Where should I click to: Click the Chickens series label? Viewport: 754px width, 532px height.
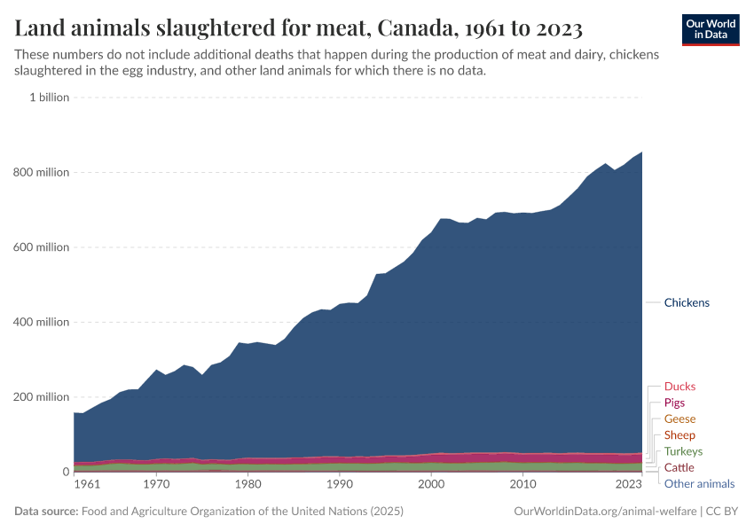[687, 302]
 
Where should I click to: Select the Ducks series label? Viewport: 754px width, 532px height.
[679, 387]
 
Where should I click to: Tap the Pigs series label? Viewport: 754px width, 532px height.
[674, 403]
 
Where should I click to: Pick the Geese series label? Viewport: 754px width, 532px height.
[679, 419]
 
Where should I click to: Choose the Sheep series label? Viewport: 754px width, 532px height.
[679, 435]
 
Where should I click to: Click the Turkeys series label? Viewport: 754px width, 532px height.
[683, 451]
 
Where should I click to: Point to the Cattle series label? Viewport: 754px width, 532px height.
[679, 467]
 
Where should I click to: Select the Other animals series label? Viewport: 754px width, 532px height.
[699, 483]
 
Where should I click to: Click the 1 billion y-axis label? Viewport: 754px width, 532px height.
[50, 98]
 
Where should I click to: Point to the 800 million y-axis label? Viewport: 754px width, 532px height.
[40, 172]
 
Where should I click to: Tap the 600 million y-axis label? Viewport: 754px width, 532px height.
[40, 247]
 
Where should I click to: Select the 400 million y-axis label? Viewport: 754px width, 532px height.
[40, 322]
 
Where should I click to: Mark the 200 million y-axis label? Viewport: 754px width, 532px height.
[40, 397]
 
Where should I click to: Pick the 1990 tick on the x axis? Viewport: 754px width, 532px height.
[339, 484]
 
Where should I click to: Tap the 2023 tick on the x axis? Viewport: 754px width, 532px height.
[627, 484]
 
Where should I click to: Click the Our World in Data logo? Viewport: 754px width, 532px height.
[710, 29]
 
